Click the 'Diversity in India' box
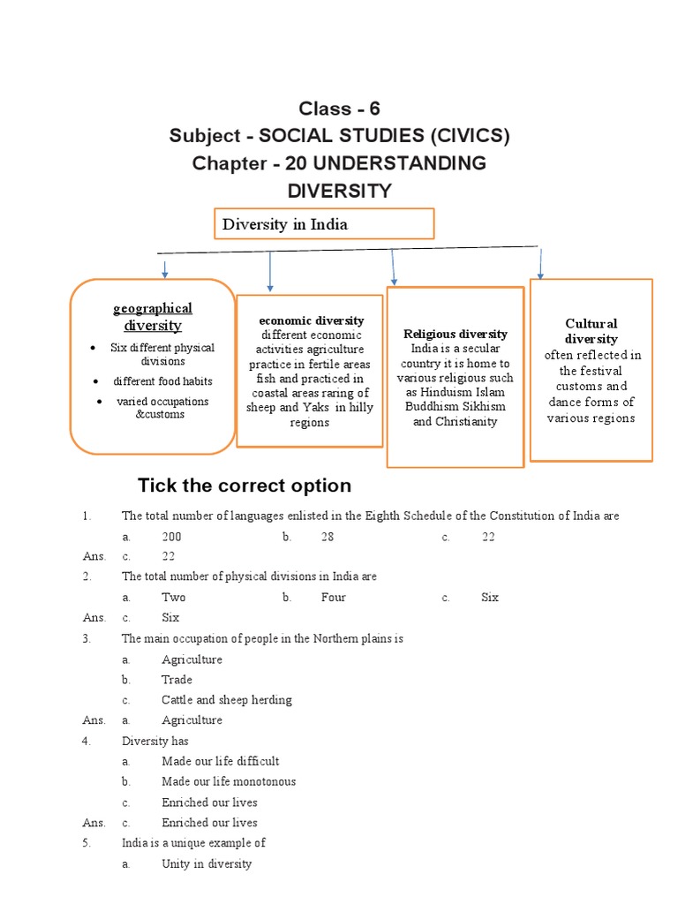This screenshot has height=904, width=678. coord(324,224)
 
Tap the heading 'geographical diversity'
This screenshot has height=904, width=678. coord(152,317)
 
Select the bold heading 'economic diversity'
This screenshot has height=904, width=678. coord(311,320)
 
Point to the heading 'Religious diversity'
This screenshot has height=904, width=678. coord(456,334)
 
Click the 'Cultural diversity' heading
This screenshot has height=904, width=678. coord(591,331)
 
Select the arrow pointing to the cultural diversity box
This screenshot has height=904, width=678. coord(540,264)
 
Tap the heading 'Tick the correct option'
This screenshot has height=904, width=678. coord(245,486)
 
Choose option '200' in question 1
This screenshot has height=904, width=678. coord(172,536)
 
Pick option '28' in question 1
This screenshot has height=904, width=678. coord(328,536)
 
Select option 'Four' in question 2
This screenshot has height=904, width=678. coord(333,598)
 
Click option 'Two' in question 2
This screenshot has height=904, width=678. coord(173,598)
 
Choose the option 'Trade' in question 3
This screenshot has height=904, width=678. coord(177,680)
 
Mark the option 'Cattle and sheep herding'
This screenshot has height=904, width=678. coord(226,700)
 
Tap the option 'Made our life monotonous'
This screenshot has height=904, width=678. coord(229,781)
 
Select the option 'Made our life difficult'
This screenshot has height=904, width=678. coord(220,761)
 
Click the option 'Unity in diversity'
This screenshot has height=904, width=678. coord(207,863)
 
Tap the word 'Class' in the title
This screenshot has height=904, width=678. coord(325,109)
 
